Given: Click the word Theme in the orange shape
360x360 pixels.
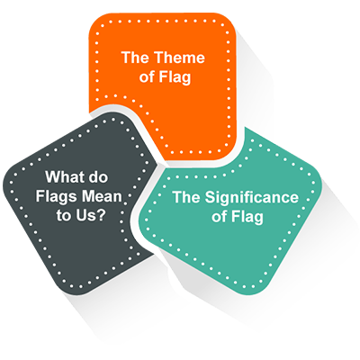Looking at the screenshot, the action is click(180, 58).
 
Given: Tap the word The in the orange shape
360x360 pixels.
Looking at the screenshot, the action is click(136, 58).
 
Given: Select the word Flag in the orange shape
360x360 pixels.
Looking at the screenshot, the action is click(175, 77).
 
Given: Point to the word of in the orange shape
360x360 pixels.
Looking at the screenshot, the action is click(147, 76).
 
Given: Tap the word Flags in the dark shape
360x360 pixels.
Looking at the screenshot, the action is click(56, 197).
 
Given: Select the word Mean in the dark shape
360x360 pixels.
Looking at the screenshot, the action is click(102, 196).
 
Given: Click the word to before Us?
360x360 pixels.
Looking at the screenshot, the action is click(64, 215).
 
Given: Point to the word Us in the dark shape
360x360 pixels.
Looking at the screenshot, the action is click(86, 215).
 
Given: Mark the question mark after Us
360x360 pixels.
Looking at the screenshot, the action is click(102, 215).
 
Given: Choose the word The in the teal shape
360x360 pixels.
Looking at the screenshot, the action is click(187, 197).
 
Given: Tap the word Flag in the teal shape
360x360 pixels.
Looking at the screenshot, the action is click(247, 217).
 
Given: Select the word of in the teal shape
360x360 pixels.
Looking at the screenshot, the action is click(219, 217).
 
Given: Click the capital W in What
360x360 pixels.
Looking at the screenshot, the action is click(51, 176).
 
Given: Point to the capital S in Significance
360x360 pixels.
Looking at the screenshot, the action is click(210, 197).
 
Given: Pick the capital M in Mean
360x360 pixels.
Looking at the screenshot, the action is click(87, 196).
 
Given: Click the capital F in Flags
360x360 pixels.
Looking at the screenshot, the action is click(40, 196).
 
